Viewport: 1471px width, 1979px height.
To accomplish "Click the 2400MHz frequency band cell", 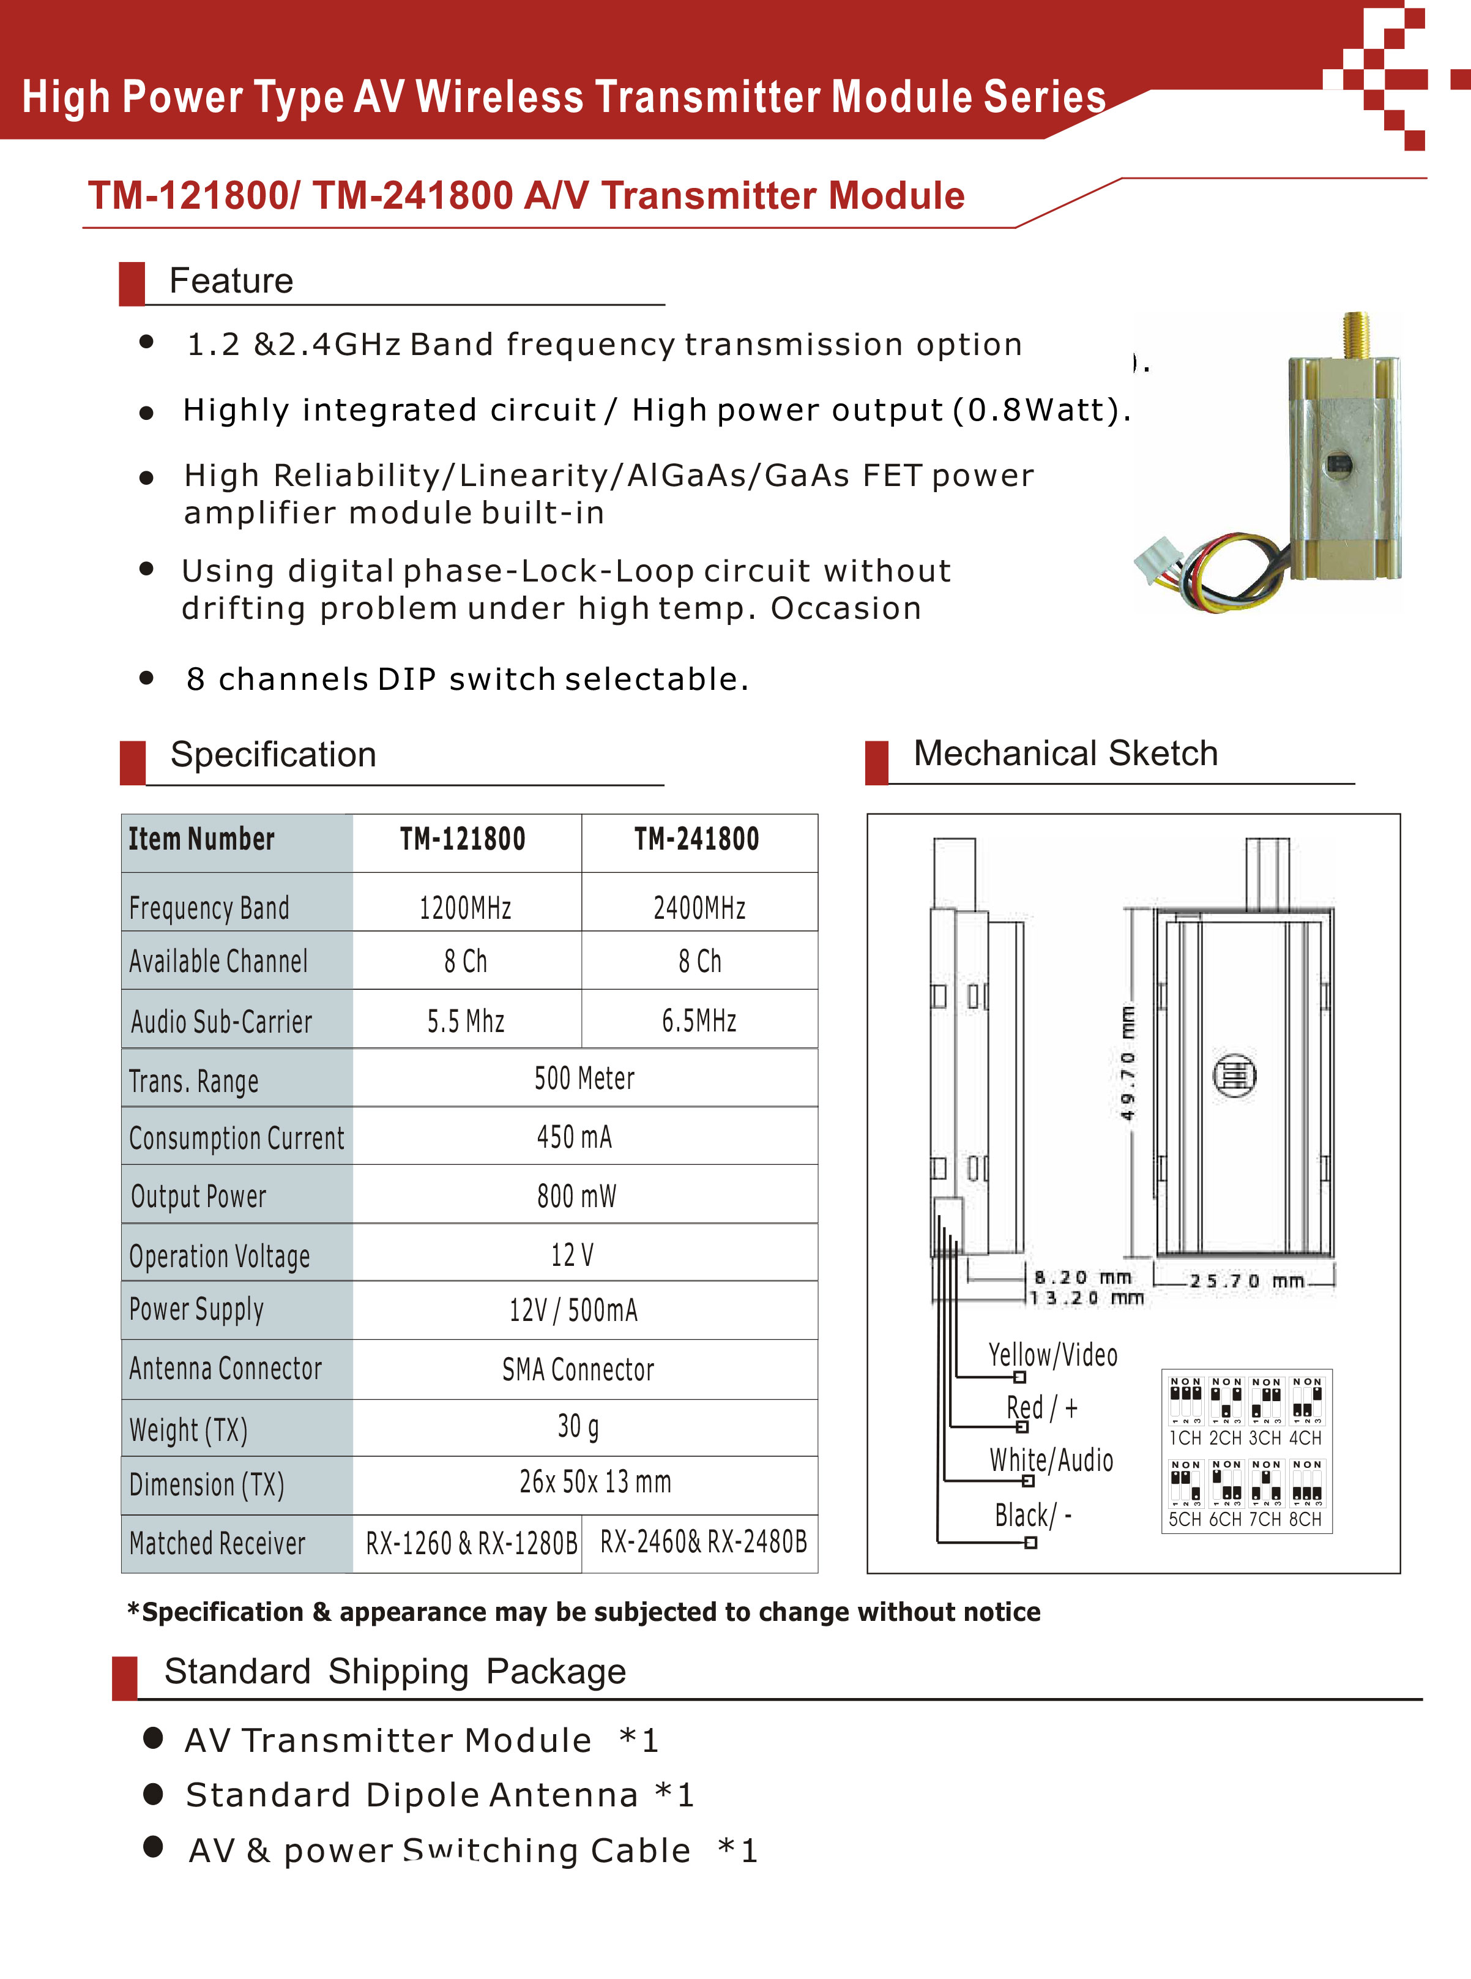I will coord(699,908).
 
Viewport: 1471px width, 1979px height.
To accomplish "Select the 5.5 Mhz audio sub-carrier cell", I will coord(466,1020).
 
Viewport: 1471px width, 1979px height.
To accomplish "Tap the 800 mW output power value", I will coord(576,1195).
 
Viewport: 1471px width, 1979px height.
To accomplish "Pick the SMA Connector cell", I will coord(578,1369).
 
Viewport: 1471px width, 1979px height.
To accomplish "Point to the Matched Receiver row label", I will coord(217,1543).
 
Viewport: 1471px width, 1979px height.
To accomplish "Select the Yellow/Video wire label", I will coord(1052,1355).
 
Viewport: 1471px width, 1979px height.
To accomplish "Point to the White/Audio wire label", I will coord(1051,1460).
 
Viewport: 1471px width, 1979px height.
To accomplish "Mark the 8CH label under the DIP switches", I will coord(1305,1519).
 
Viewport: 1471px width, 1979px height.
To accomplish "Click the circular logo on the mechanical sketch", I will coord(1235,1075).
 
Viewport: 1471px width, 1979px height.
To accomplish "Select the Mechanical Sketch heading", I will coord(1065,754).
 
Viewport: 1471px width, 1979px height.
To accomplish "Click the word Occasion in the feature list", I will coord(845,608).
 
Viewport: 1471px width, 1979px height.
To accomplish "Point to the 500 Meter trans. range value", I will coord(584,1079).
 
